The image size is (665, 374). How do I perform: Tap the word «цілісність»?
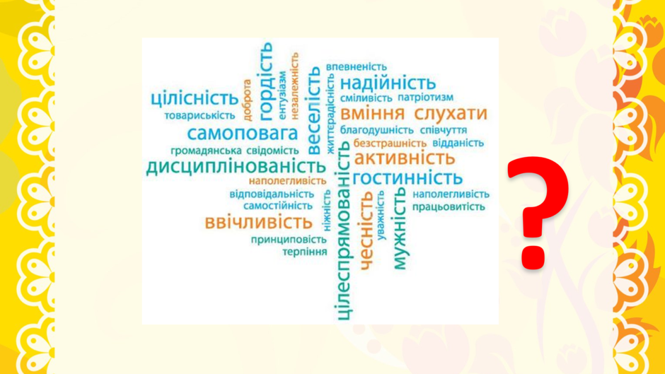point(195,99)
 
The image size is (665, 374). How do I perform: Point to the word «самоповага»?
point(243,133)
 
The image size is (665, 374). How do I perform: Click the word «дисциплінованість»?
point(236,167)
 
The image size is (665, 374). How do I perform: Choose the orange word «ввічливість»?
point(258,222)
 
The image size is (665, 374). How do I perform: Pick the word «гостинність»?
point(407,177)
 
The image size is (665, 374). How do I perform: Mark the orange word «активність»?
point(404,158)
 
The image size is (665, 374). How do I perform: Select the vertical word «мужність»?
point(400,228)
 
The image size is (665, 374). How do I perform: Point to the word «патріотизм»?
point(425,98)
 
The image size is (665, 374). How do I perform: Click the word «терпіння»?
point(305,252)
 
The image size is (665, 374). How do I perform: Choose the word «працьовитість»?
point(449,207)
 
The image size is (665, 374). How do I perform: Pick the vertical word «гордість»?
point(266,81)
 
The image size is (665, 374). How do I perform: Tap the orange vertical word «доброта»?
point(247,100)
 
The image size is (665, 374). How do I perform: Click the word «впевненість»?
point(357,67)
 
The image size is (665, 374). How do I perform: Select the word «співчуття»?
point(444,130)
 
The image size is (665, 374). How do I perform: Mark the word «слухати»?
point(451,114)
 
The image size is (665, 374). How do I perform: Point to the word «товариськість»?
point(199,116)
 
